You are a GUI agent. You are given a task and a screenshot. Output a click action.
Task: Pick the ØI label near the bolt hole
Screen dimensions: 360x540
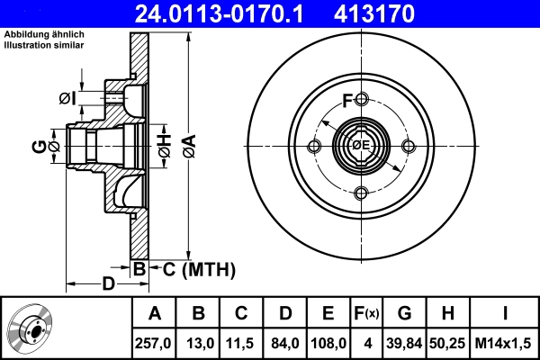(67, 97)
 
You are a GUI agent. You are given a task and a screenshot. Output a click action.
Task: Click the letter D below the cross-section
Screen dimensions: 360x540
(106, 285)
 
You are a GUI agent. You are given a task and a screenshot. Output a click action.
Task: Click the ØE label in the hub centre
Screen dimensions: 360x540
(361, 146)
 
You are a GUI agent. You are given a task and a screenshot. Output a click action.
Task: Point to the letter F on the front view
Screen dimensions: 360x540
(347, 100)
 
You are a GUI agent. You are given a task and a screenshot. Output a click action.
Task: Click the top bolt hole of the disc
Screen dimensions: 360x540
(361, 99)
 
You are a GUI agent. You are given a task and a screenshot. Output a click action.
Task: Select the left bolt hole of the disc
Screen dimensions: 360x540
(314, 146)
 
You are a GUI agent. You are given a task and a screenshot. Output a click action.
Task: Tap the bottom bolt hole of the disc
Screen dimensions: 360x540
(361, 193)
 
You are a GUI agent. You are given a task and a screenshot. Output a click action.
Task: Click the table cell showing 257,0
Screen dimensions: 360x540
(155, 343)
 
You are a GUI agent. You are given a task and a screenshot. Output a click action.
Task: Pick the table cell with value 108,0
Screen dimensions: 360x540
(328, 343)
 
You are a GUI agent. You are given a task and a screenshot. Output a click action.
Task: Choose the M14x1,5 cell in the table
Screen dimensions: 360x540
(505, 343)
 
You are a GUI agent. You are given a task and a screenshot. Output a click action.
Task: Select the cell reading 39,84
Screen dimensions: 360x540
(404, 343)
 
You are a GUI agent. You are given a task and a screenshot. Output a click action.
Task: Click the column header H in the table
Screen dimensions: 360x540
(448, 314)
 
